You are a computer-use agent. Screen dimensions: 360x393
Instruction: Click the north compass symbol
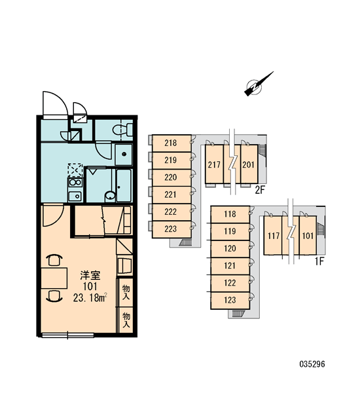coord(256,86)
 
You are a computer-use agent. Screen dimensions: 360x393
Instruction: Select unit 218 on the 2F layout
coord(171,143)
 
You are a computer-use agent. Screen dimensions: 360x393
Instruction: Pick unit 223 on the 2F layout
coord(171,229)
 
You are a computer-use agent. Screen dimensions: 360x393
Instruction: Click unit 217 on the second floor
coord(214,164)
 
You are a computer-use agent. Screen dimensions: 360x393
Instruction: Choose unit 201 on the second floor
coord(249,164)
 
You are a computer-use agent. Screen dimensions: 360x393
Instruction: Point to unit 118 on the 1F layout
coord(230,214)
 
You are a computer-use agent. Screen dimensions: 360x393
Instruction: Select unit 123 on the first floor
coord(230,300)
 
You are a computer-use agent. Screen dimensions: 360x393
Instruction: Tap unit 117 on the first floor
coord(273,236)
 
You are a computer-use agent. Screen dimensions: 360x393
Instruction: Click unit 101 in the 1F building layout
coord(308,236)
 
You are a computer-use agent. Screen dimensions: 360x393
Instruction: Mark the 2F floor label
coord(260,191)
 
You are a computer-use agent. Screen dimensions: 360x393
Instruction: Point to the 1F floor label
coord(319,261)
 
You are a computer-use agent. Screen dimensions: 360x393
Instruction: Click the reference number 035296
coord(312,364)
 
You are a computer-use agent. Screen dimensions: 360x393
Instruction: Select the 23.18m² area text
coord(90,298)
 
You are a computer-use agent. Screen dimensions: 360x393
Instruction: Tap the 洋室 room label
coord(90,276)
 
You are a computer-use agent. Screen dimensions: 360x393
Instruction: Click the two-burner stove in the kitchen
coord(75,182)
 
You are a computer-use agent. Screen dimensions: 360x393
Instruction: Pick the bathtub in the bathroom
coord(124,185)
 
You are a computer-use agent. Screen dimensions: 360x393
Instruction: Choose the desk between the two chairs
coord(54,278)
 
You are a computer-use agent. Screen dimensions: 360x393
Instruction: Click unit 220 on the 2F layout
coord(171,178)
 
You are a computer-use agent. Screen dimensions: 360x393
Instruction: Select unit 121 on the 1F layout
coord(230,266)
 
